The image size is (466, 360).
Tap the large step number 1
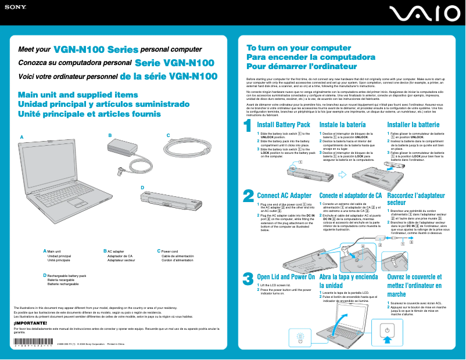[247, 125]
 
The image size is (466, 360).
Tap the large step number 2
[248, 196]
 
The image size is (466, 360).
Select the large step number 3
[248, 279]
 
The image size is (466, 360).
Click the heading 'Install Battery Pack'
[284, 125]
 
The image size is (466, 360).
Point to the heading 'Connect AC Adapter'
[284, 195]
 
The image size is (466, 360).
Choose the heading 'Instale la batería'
[342, 125]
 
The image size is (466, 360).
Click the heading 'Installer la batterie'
[413, 125]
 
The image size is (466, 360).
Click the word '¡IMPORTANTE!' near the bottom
[30, 322]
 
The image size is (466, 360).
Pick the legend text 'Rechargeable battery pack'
[66, 276]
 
